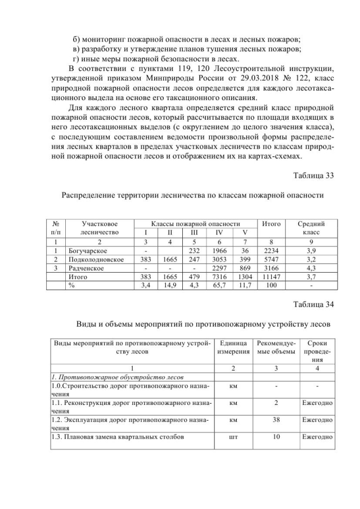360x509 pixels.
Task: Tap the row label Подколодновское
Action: click(95, 260)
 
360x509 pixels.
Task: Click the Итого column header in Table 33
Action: click(272, 224)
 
